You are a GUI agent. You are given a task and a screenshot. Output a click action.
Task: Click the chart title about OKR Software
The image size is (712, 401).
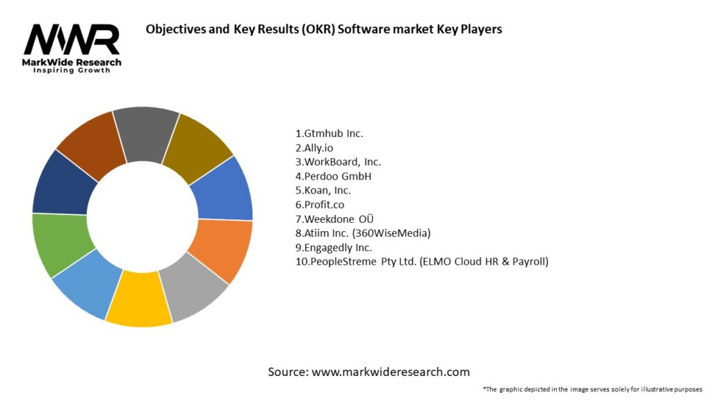click(323, 30)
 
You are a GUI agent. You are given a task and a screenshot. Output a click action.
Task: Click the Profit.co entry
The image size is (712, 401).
click(319, 205)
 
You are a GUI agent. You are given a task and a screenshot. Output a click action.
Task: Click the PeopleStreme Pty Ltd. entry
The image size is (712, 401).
click(421, 262)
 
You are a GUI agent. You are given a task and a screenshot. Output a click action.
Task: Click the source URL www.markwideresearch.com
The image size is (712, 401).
click(391, 372)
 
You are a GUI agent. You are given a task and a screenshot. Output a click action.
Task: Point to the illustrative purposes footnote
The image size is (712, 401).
click(592, 389)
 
